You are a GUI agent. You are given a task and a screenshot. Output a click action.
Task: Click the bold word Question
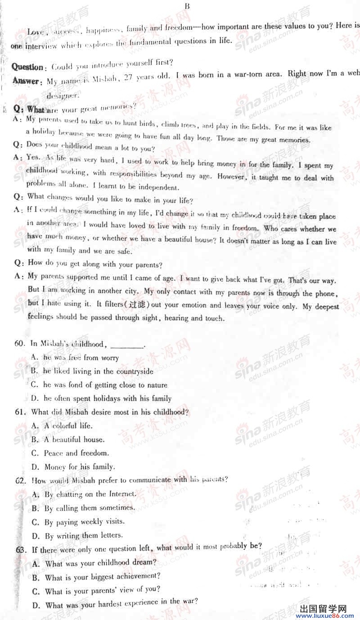coord(27,67)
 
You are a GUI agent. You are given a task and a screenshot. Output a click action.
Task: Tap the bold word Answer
coord(26,81)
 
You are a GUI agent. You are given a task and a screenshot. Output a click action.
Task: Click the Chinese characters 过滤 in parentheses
coord(139,305)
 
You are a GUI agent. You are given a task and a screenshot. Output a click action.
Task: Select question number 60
coord(19,344)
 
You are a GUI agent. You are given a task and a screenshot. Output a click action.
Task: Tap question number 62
coord(20,480)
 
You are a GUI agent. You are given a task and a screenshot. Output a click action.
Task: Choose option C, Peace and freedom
coord(70,453)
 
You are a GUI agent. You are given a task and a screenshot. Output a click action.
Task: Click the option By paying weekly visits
coord(78,522)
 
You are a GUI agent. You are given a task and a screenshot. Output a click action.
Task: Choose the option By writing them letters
coord(77,536)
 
